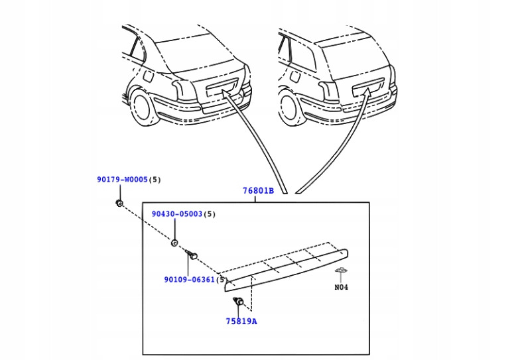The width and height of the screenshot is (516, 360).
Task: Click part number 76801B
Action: pos(257,191)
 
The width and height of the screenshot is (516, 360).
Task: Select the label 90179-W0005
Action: pos(122,180)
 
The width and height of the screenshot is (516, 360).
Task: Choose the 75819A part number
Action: pos(241,322)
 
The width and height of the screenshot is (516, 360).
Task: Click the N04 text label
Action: pos(341,288)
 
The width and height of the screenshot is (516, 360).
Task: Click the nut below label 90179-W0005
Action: pos(119,203)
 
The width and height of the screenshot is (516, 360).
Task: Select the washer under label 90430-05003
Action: pos(174,243)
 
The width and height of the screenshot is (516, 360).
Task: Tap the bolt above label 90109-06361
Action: pos(192,255)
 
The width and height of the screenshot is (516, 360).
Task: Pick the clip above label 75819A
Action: pos(239,303)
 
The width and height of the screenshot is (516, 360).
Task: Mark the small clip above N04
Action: pos(342,271)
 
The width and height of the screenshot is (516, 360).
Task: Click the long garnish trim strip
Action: pos(285,269)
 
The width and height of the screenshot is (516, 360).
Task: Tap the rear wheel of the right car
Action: pos(291,107)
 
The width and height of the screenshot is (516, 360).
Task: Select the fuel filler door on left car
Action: pos(148,77)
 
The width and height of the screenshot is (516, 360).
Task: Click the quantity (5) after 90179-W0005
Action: pos(155,180)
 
